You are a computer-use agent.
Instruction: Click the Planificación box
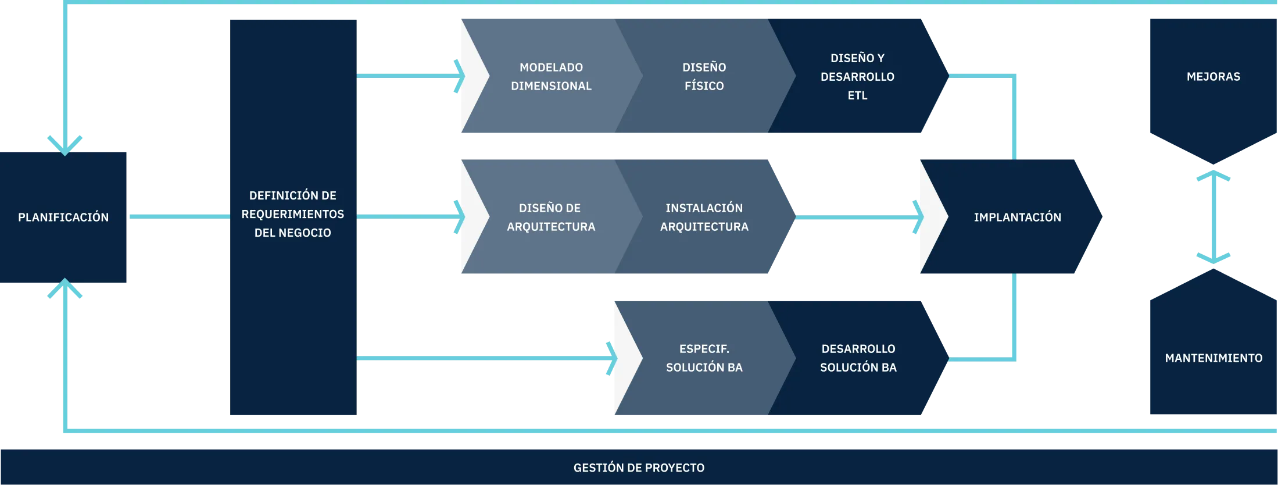63,217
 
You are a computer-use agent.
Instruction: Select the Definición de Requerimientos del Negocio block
293,214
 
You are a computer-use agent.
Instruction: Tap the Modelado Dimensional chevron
551,77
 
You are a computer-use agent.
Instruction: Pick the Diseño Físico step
704,77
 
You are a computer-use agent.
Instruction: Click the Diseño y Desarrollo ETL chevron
857,77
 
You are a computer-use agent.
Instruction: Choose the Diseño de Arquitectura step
551,217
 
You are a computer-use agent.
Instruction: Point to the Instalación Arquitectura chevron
704,217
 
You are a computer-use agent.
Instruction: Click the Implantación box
1017,217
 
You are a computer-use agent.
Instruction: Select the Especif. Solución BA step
704,358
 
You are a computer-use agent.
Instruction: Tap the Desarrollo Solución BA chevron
858,358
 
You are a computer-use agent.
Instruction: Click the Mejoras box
1213,77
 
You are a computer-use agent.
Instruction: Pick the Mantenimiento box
1213,358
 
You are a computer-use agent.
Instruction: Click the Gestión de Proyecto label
639,468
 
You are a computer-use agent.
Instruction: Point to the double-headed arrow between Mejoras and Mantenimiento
1213,217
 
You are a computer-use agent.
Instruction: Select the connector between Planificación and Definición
179,216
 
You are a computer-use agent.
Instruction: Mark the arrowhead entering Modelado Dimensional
459,76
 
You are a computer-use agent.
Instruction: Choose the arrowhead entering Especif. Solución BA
611,358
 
